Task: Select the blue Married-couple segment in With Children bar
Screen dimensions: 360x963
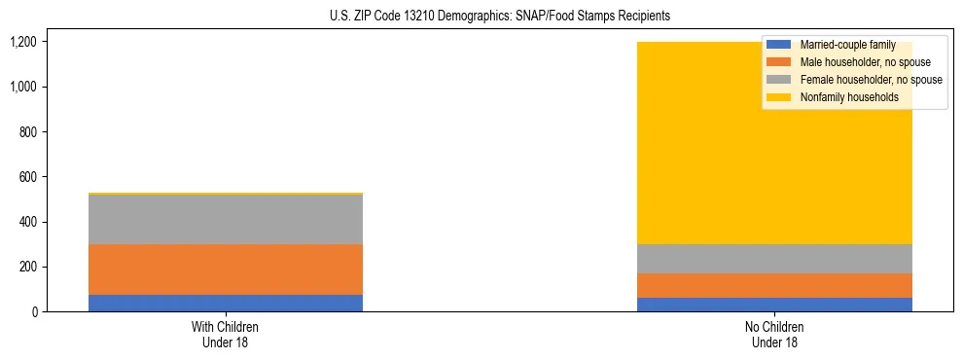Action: [225, 303]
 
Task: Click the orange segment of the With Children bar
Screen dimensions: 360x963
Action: [225, 270]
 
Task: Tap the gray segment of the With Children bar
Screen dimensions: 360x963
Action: [225, 219]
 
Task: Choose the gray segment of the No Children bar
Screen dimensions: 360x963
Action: [774, 259]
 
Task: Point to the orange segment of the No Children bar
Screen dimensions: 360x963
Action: [774, 285]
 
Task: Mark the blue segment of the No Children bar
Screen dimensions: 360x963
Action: [774, 305]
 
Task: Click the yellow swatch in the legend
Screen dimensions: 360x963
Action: [779, 97]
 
